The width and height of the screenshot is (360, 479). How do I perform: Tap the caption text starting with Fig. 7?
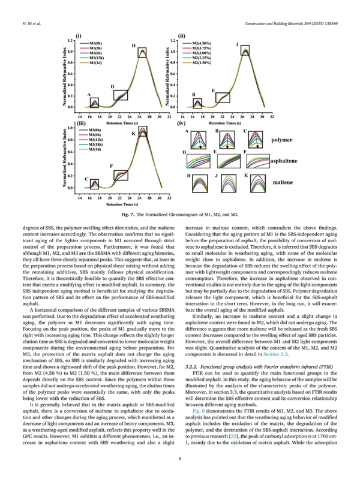(x=179, y=214)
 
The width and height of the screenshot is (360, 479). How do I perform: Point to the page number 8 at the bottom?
(x=180, y=459)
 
